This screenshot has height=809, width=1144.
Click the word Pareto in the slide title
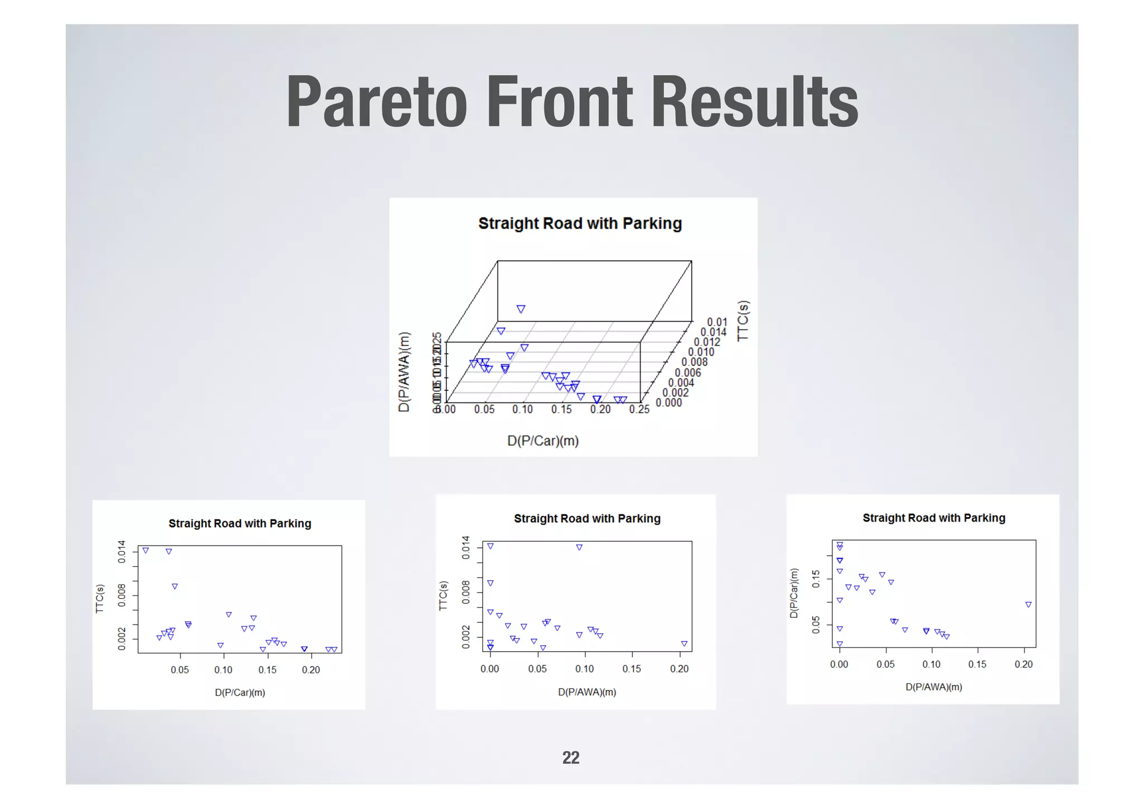coord(376,103)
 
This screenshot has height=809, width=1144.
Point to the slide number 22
coord(570,758)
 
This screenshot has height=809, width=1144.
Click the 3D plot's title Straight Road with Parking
coord(580,224)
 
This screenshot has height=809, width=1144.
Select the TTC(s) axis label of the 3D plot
coord(742,321)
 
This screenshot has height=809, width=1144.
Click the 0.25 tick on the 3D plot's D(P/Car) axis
coord(639,409)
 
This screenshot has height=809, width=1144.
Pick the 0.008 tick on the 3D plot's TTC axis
coord(694,362)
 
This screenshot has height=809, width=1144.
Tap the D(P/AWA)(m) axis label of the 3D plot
coord(404,372)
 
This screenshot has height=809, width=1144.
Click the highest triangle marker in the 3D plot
coord(521,309)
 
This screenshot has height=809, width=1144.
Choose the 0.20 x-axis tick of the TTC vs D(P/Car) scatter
coord(311,670)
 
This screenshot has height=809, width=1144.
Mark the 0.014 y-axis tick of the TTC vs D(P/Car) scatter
coord(122,551)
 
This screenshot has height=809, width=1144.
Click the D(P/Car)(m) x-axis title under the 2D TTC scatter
coord(240,693)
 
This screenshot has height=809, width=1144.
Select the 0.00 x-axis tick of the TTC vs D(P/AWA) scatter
coord(490,669)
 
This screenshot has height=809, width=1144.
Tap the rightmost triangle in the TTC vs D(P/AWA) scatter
coord(684,644)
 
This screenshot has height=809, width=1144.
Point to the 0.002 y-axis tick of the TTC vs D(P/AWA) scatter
coord(466,637)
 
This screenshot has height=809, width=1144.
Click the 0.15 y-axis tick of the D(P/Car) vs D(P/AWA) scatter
coord(816,579)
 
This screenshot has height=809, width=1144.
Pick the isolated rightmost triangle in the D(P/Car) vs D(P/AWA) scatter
coord(1028,605)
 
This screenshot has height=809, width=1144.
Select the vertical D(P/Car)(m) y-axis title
coord(793,593)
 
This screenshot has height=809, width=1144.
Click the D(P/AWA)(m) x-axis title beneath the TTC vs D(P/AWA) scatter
coord(587,692)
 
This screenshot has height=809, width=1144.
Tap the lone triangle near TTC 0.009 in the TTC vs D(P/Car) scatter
coord(175,586)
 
